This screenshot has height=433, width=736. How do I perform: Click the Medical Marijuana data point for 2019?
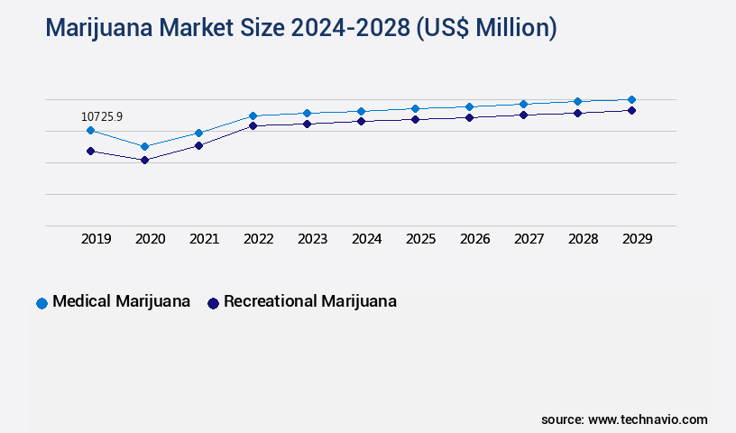tap(90, 131)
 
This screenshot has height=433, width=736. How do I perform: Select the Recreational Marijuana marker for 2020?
tap(144, 161)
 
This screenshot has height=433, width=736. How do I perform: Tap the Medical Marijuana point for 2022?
tap(253, 115)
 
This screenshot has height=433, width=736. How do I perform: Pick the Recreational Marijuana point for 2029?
tap(631, 110)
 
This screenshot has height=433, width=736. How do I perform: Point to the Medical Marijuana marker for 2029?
tap(631, 99)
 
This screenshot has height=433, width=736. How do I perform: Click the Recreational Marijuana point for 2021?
tap(198, 145)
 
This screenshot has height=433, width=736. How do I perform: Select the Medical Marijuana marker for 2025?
tap(415, 108)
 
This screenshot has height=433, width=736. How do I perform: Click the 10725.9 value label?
tap(101, 116)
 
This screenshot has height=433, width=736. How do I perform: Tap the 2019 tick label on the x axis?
tap(97, 239)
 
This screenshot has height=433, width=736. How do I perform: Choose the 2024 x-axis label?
tap(367, 239)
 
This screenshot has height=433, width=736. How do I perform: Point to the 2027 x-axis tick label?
tap(529, 239)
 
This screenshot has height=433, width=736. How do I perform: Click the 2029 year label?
tap(638, 239)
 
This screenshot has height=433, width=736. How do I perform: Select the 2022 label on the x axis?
tap(259, 239)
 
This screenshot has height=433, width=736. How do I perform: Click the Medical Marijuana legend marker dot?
tap(41, 303)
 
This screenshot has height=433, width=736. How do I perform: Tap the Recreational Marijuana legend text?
tap(309, 301)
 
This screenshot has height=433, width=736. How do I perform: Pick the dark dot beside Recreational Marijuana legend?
tap(213, 303)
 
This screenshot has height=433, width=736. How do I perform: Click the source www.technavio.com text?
tap(624, 419)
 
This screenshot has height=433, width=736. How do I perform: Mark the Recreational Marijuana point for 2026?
tap(469, 117)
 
